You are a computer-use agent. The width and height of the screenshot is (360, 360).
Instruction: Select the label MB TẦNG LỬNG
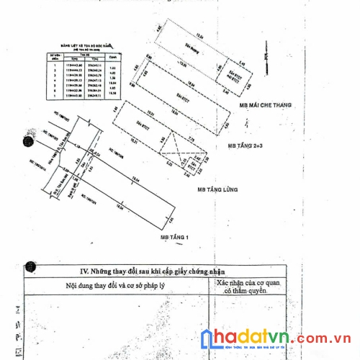pos(217,189)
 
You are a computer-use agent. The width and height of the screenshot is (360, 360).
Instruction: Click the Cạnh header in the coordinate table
pos(111,55)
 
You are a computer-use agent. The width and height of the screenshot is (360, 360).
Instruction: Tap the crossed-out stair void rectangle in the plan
pos(176,148)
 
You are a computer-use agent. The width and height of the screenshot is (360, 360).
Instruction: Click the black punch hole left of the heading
pos(30,269)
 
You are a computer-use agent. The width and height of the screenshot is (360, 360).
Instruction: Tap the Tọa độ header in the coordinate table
pos(84,53)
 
